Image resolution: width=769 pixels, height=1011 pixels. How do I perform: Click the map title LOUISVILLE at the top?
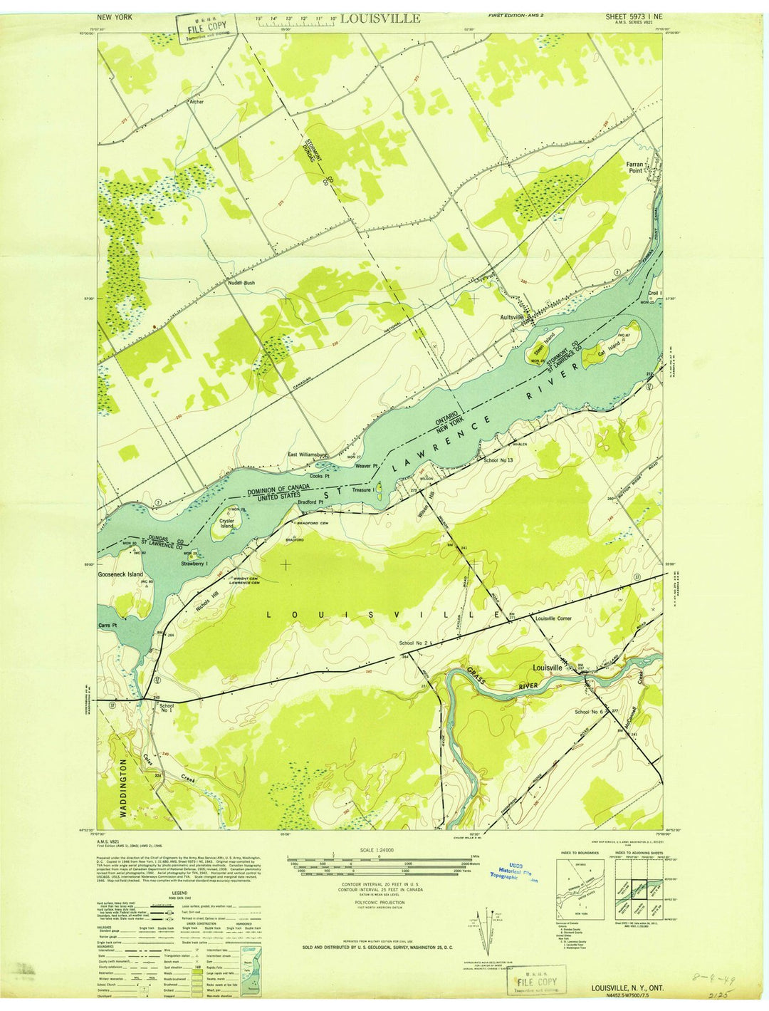(380, 19)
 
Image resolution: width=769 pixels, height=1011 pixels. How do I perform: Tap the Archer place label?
(196, 102)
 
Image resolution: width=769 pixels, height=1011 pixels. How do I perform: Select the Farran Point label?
(635, 167)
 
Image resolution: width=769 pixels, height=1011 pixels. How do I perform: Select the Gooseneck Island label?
(120, 574)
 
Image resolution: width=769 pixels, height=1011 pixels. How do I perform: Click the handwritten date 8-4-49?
(699, 983)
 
